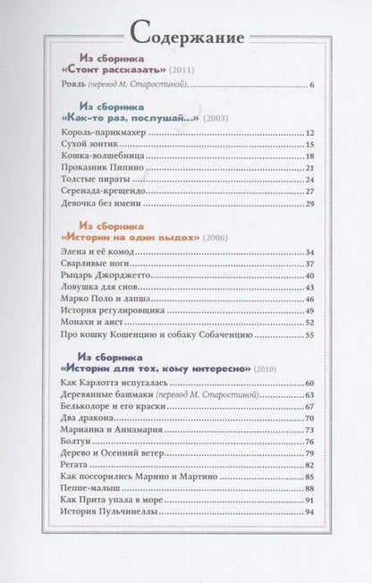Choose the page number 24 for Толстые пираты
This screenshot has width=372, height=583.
click(309, 179)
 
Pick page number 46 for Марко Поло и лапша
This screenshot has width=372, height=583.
click(309, 299)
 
